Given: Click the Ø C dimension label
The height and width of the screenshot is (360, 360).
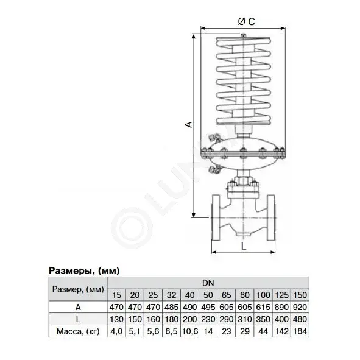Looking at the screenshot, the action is pyautogui.click(x=246, y=21).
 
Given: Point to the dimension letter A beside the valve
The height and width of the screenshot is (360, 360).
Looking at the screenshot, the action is pyautogui.click(x=188, y=124).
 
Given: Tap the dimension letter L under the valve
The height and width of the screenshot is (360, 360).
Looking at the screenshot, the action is pyautogui.click(x=244, y=246).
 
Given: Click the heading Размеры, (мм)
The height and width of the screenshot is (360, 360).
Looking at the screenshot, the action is pyautogui.click(x=84, y=270).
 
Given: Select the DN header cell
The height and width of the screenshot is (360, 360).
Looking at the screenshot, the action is pyautogui.click(x=208, y=283).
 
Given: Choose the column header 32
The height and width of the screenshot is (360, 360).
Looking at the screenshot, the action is pyautogui.click(x=172, y=295).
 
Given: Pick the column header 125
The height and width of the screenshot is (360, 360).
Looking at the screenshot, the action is pyautogui.click(x=281, y=295).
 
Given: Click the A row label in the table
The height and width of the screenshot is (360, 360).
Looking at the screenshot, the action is pyautogui.click(x=78, y=307).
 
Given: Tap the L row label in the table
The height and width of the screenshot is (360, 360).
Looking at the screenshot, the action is pyautogui.click(x=78, y=319).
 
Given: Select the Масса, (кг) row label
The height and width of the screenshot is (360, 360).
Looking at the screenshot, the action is pyautogui.click(x=78, y=331).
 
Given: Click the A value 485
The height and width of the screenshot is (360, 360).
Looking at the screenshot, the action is pyautogui.click(x=172, y=307).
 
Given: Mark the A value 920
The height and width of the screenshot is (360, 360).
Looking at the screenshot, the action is pyautogui.click(x=300, y=307).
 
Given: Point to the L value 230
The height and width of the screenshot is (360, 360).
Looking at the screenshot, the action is pyautogui.click(x=208, y=319).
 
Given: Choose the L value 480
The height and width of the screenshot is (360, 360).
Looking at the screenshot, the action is pyautogui.click(x=300, y=319).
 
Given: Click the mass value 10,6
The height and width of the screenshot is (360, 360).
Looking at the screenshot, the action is pyautogui.click(x=190, y=331).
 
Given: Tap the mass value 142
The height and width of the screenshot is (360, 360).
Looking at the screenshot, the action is pyautogui.click(x=281, y=331).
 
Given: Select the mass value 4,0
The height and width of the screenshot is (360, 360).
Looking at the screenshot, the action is pyautogui.click(x=116, y=331).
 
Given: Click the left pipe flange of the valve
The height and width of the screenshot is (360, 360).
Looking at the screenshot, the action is pyautogui.click(x=216, y=217).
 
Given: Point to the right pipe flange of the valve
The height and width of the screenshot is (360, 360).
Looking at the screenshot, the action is pyautogui.click(x=271, y=217).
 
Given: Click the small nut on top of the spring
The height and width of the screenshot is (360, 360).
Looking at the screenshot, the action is pyautogui.click(x=244, y=35).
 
